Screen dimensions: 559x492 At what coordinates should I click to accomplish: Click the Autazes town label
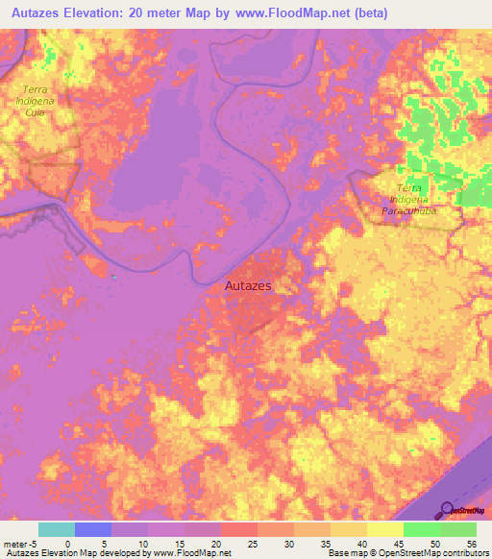point(249,286)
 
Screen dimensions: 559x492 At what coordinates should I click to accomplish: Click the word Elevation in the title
point(106,12)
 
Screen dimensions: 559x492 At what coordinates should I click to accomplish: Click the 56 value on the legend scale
point(471,543)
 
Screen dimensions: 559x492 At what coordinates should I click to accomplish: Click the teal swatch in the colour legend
point(57,529)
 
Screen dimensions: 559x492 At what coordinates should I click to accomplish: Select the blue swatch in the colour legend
point(93,529)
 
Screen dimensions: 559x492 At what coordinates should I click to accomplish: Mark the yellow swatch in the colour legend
point(385,529)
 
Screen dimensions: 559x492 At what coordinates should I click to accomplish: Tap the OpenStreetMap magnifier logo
point(449,510)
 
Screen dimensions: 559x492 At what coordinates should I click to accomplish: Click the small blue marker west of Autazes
point(114,278)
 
